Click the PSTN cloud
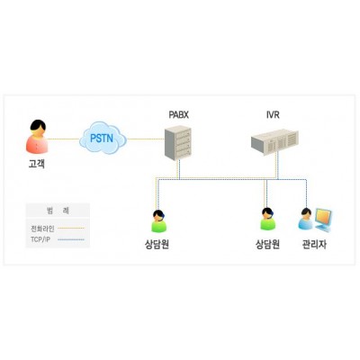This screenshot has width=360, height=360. pos(103,138)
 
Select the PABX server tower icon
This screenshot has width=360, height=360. pos(178,143)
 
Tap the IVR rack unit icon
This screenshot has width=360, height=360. pos(274,141)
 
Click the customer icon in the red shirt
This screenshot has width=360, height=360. pos(37,137)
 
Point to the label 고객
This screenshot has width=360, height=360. pos(37,164)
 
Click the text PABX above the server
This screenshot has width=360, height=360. pos(178,114)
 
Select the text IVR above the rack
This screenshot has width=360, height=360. pos(273,114)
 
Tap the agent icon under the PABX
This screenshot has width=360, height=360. pos(158,221)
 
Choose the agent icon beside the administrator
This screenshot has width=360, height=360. pos(268,220)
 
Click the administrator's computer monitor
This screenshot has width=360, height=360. pos(323,220)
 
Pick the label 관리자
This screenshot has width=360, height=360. pos(314,245)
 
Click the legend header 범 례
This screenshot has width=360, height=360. pos(58,211)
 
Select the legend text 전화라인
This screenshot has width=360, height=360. pos(42,229)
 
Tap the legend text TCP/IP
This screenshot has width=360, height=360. pos(40,239)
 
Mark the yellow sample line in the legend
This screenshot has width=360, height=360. pos(71,228)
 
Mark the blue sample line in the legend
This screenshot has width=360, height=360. pos(71,239)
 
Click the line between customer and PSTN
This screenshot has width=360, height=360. pos(63,139)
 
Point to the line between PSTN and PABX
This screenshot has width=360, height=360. pos(146,139)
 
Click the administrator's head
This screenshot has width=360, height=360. pos(306,212)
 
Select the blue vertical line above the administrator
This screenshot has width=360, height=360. pos(306,193)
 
